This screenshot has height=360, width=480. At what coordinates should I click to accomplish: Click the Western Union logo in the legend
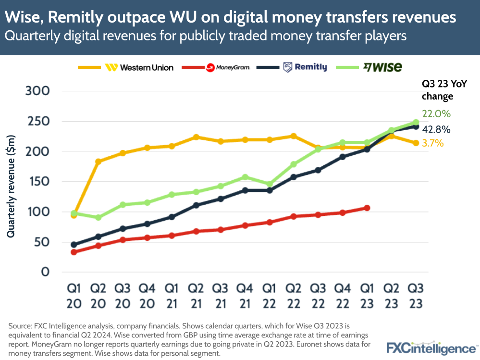click(x=139, y=68)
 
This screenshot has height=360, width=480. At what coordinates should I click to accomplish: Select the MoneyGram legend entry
click(x=228, y=68)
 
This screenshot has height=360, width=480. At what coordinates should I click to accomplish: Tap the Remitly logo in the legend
click(x=305, y=68)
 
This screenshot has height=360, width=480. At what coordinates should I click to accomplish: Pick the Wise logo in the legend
click(x=382, y=67)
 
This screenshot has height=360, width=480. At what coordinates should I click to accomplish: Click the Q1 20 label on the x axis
click(x=74, y=297)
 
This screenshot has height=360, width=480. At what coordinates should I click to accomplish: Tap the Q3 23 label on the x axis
click(x=416, y=297)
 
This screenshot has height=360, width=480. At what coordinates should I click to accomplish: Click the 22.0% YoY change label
click(x=436, y=114)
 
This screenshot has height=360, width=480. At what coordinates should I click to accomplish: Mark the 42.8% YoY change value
click(x=436, y=129)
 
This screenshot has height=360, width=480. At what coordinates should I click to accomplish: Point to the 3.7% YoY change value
click(x=433, y=143)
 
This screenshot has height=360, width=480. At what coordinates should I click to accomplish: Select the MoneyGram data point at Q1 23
click(x=367, y=208)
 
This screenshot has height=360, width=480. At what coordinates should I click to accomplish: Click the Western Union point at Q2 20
click(x=98, y=161)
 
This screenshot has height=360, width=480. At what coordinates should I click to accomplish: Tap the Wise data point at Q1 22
click(x=269, y=184)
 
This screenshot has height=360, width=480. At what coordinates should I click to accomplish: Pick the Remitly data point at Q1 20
click(x=74, y=245)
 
